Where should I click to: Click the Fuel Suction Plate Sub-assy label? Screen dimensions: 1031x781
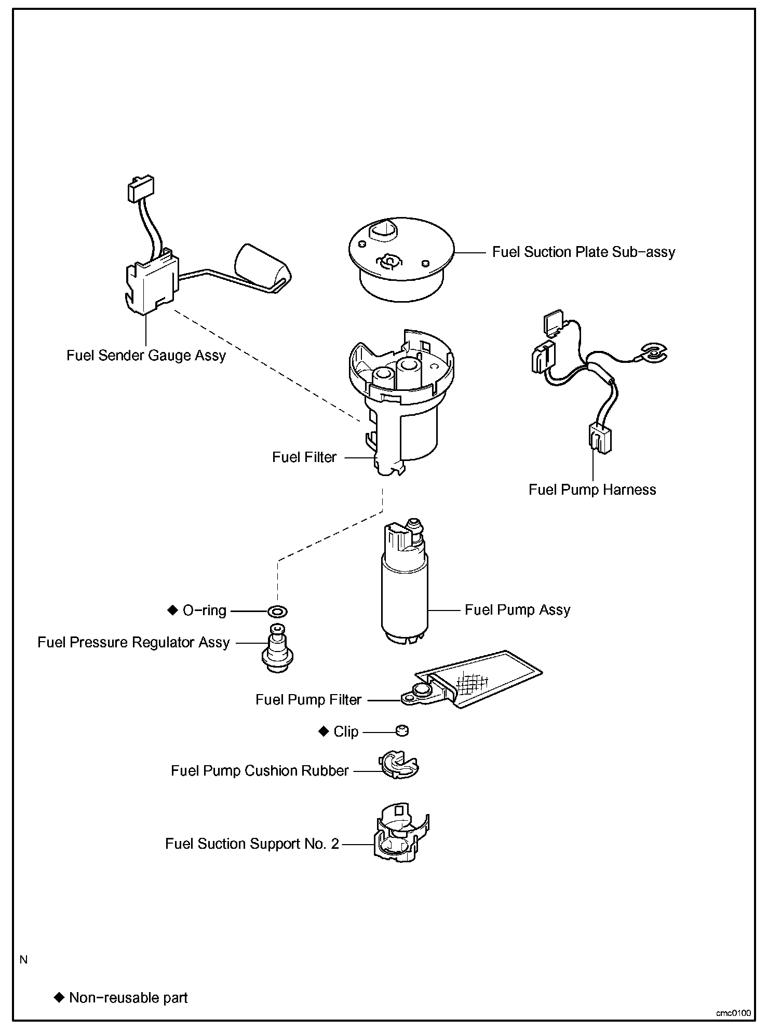(583, 252)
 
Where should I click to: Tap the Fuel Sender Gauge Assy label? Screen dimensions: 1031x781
(146, 356)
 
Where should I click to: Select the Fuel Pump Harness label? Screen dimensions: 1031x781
(592, 490)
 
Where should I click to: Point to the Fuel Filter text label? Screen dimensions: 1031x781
(304, 457)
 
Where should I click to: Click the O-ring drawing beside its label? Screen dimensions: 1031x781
(278, 611)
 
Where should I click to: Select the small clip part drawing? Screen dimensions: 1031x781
(402, 731)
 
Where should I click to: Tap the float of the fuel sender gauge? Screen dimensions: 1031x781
(262, 267)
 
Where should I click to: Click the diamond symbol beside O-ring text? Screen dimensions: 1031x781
(172, 611)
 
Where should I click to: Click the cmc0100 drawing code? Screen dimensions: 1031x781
(733, 1013)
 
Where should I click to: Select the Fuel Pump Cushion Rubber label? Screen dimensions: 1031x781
(260, 770)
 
